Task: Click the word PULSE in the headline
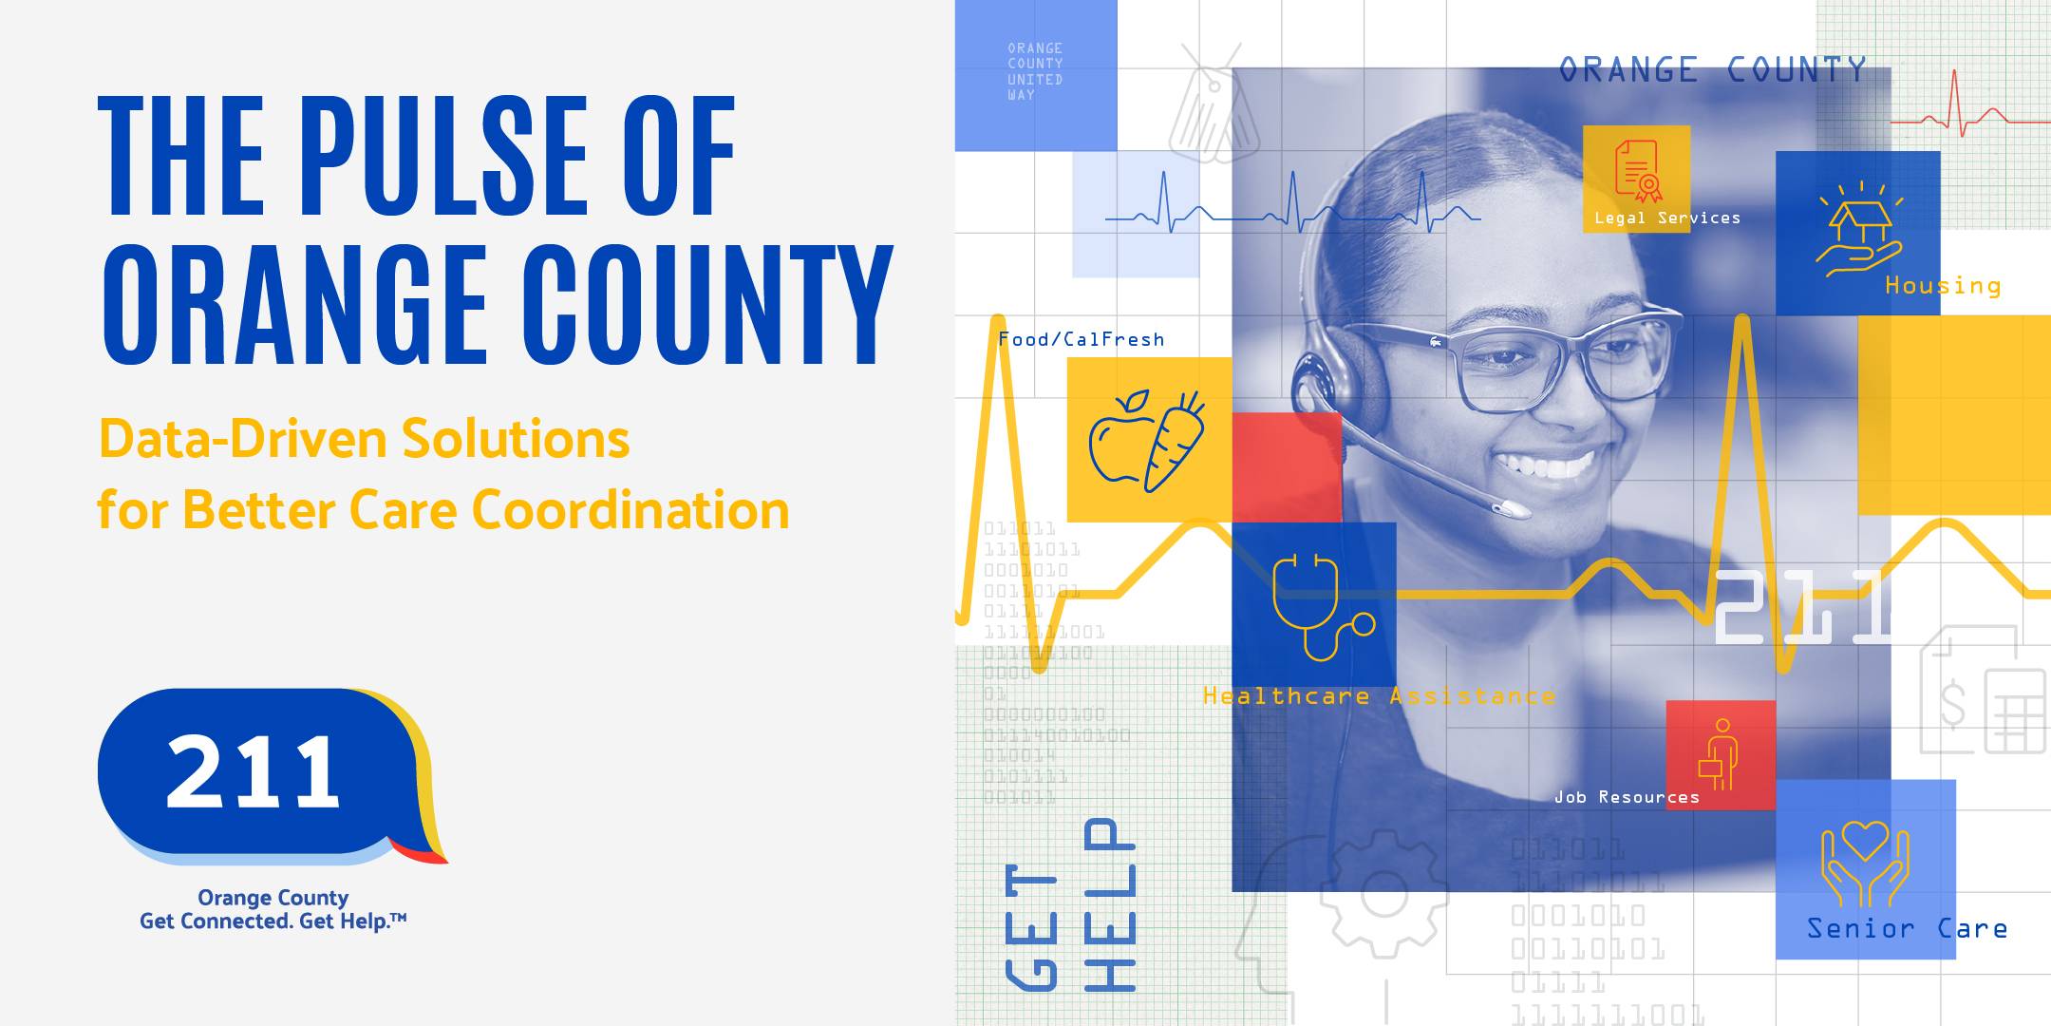point(446,157)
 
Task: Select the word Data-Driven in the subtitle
point(241,440)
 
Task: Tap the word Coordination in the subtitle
point(630,511)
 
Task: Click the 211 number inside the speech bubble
point(253,771)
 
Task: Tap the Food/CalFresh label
point(1081,339)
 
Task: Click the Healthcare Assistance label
point(1379,696)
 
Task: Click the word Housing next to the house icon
point(1943,286)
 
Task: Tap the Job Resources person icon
point(1720,755)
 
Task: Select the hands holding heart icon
point(1864,863)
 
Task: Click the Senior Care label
point(1907,928)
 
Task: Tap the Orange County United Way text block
point(1035,71)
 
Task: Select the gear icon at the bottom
point(1383,893)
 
